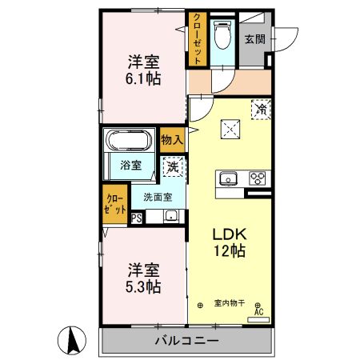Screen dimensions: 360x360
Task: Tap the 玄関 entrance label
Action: tap(254, 38)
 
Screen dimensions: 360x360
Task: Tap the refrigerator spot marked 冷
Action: tap(261, 109)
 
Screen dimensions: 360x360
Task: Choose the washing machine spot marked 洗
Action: tap(171, 167)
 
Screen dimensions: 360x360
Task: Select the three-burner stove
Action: tap(258, 178)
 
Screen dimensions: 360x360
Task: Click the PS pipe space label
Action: tap(136, 216)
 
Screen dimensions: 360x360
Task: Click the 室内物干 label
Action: tap(230, 303)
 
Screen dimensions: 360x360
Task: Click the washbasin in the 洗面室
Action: tap(170, 215)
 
